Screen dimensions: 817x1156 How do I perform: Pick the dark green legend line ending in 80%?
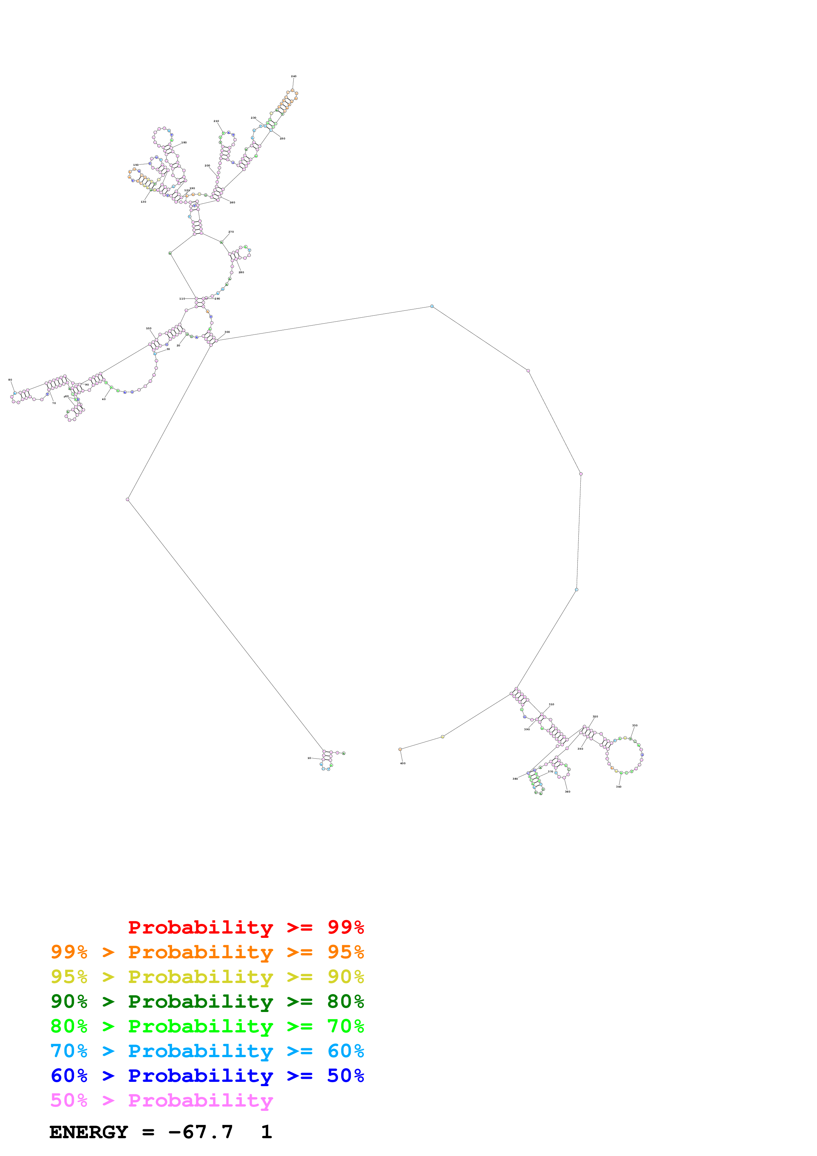pos(207,1002)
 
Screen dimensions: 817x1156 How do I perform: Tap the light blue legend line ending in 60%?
pos(207,1051)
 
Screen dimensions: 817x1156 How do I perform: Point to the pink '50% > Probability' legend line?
pos(161,1101)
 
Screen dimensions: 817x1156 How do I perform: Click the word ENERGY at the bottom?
pos(89,1132)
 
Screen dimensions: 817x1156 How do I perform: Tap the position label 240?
pos(293,76)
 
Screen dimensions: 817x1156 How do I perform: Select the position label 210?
pos(216,121)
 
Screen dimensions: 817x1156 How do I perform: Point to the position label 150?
pos(135,165)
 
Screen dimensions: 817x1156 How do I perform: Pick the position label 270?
pos(231,232)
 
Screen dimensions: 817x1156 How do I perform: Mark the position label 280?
pos(241,273)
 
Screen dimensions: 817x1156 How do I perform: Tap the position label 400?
pos(403,763)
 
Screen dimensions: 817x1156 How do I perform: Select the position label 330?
pos(635,726)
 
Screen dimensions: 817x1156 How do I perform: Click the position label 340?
pos(619,787)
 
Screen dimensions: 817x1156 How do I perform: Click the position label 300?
pos(227,332)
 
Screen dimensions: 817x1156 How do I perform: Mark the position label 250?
pos(282,138)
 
